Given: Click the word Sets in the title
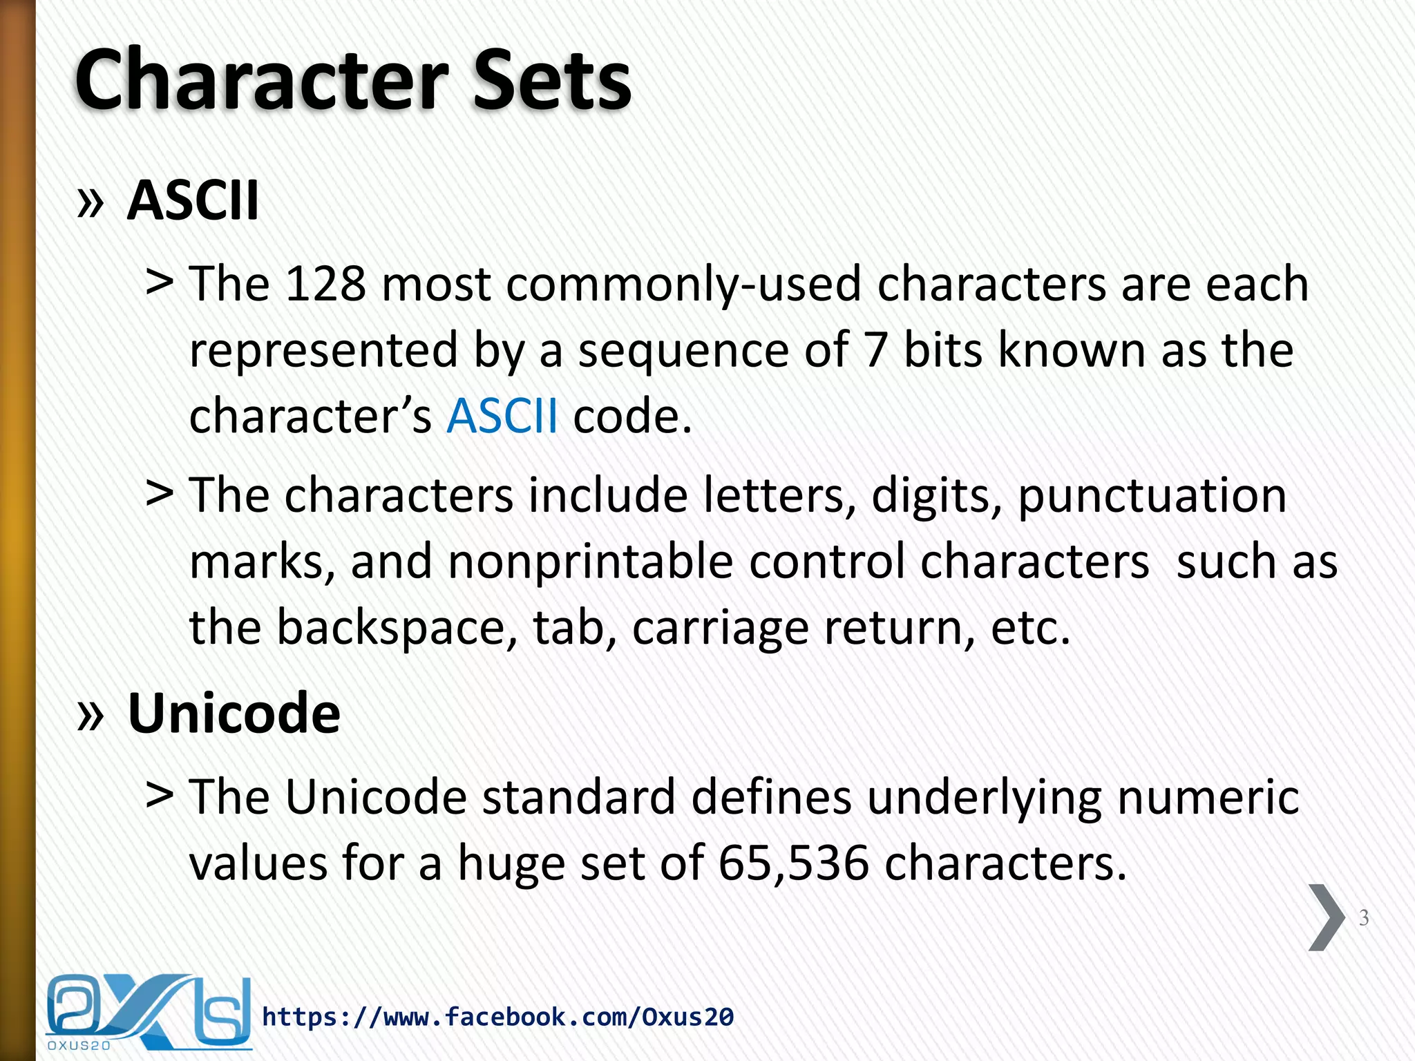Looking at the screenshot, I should pos(552,79).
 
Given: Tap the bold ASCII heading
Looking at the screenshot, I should pos(193,200).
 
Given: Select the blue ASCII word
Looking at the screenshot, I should pos(502,416).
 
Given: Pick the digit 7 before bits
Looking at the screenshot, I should pos(875,350).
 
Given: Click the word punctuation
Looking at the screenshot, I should pos(1152,496).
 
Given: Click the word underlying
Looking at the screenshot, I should pos(984,797).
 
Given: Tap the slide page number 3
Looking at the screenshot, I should pos(1364,917).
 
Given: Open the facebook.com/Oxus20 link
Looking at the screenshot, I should pos(497,1017).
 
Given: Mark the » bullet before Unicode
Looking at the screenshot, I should pos(91,714).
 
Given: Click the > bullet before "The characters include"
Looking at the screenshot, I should pos(160,493).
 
